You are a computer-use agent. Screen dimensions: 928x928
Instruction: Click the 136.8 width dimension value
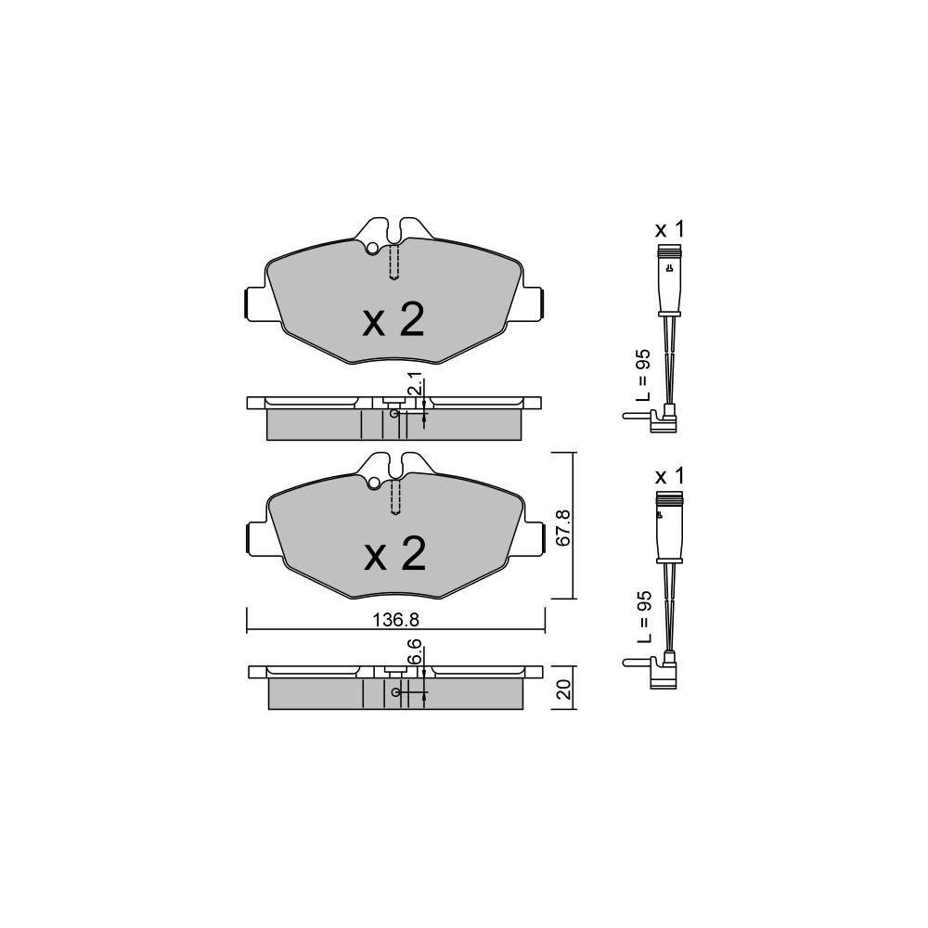coord(395,620)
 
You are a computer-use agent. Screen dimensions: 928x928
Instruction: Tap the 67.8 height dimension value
coord(563,527)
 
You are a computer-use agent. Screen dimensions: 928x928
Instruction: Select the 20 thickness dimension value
coord(564,689)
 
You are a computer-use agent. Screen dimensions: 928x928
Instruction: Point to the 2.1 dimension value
coord(415,383)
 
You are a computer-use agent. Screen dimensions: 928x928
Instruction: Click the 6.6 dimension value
coord(415,651)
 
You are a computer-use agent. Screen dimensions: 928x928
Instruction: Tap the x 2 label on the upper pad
coord(393,320)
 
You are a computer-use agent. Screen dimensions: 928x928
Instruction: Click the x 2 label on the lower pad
coord(394,554)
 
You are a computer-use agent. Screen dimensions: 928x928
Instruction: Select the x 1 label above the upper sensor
coord(669,229)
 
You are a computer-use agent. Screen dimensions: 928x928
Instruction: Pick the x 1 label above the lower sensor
coord(669,475)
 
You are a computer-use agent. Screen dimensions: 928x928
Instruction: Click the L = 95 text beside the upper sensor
coord(643,375)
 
